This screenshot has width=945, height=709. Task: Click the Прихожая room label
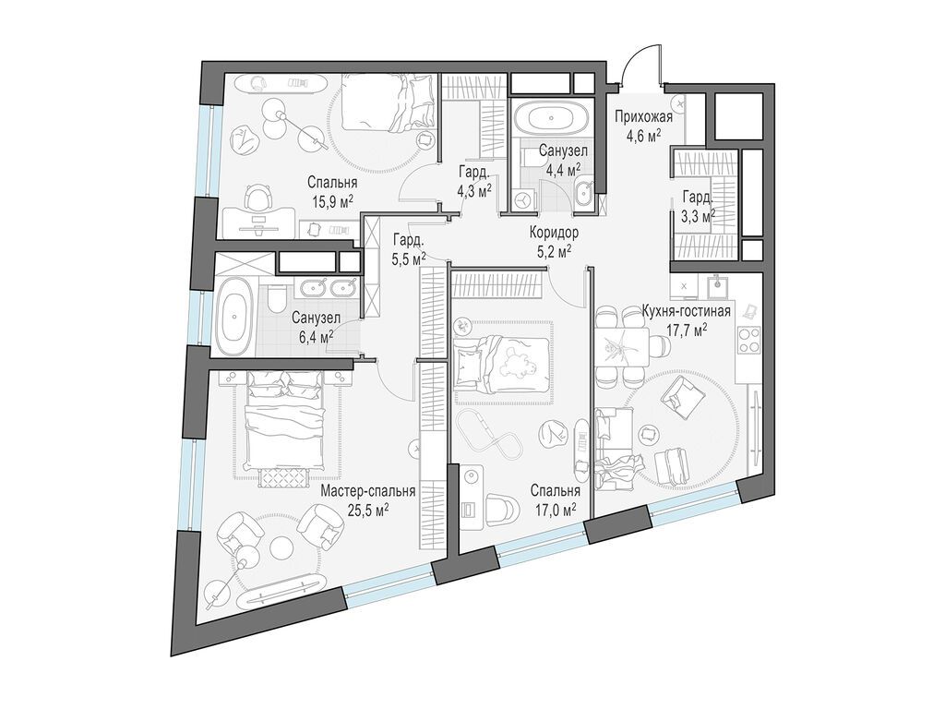coord(643,117)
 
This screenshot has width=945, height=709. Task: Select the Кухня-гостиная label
coord(687,312)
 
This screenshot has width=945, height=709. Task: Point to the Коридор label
coord(554,232)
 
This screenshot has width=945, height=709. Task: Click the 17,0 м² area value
coord(556,511)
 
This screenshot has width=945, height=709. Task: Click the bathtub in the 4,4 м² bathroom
coord(548,117)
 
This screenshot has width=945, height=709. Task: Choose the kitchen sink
coord(718,282)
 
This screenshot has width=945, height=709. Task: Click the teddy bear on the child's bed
coord(513,364)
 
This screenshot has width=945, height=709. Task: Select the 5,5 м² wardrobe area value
coord(409,257)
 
